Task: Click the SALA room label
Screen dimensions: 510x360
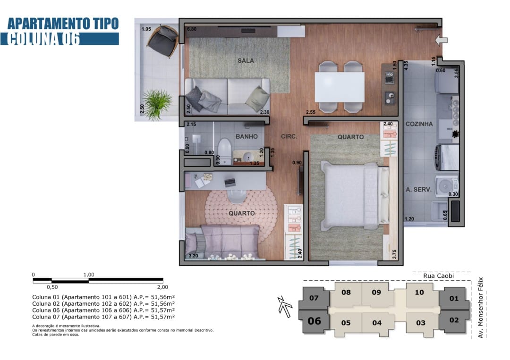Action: coord(246,60)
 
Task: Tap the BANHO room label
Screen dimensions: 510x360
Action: coord(246,136)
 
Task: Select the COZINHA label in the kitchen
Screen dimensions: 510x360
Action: coord(419,124)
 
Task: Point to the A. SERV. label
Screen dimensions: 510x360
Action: coord(418,189)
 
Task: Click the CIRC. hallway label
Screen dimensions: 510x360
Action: coord(289,136)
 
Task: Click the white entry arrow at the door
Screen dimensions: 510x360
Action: coord(442,40)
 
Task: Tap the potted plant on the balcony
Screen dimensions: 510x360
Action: coord(157,104)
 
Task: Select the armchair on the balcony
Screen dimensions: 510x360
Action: coord(163,41)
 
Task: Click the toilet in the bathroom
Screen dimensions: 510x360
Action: coord(224,151)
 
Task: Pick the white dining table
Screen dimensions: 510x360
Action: coord(340,87)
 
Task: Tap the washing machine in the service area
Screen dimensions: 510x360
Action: coord(446,186)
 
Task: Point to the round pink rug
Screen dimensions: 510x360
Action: coord(241,214)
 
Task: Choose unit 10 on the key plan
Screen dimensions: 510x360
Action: coord(419,293)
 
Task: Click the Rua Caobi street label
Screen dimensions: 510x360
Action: coord(438,276)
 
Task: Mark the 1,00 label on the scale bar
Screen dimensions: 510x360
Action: coord(89,275)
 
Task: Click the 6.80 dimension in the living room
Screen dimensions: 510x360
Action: coord(192,29)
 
